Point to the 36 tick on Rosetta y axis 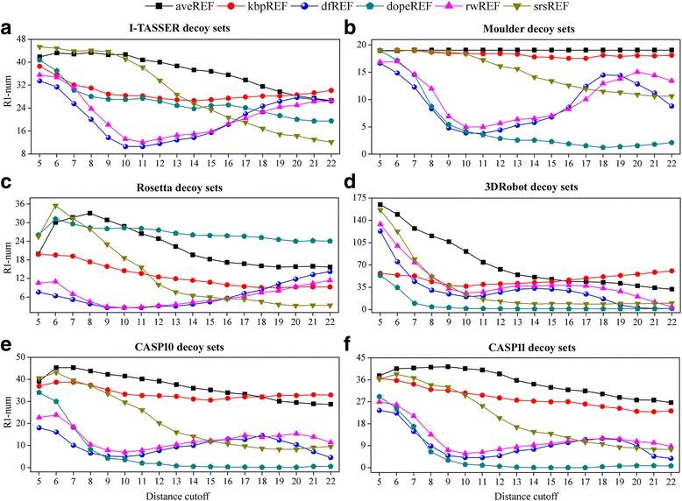point(20,203)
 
